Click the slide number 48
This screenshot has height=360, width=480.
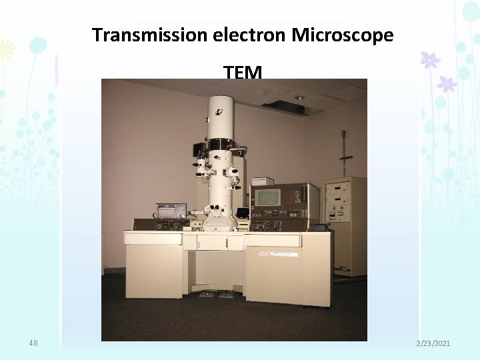coord(33,343)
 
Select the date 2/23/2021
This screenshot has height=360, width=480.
coord(433,343)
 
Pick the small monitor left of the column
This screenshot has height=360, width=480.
coord(171,211)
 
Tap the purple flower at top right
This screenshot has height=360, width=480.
coord(431,60)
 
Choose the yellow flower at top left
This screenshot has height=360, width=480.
coord(6,49)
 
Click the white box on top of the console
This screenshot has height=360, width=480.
coord(262,181)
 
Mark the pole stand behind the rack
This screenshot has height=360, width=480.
coord(345,153)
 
